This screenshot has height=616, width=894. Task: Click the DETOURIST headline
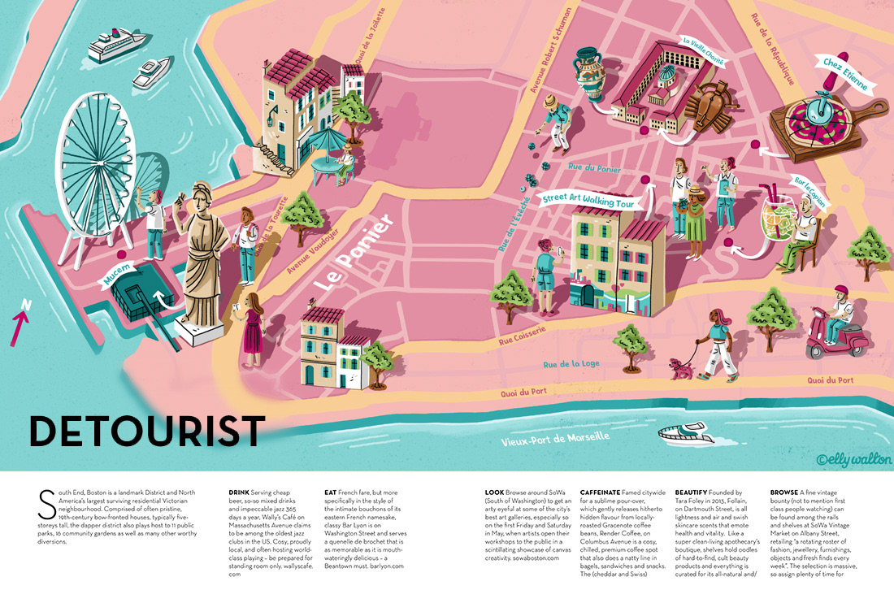[x=147, y=431]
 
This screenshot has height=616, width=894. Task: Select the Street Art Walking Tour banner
[x=588, y=202]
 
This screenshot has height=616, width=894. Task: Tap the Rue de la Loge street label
[x=571, y=363]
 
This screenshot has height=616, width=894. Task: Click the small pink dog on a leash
[x=681, y=369]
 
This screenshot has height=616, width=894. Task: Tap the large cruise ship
[x=110, y=47]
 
